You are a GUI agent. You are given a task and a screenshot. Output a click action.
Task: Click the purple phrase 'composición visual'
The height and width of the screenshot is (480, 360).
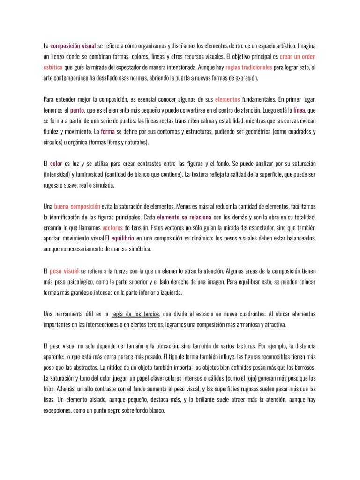tap(73, 46)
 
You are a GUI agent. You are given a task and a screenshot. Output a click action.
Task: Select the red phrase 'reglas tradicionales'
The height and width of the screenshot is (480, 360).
tap(248, 67)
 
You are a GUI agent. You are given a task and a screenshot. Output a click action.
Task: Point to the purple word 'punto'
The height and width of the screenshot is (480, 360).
tap(77, 110)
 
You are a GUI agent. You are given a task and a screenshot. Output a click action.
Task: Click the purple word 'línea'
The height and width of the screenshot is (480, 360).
tap(300, 110)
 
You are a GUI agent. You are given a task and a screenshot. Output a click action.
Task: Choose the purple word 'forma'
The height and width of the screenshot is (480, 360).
tap(108, 132)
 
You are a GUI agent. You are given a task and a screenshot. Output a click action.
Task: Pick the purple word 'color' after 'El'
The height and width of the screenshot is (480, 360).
tap(56, 164)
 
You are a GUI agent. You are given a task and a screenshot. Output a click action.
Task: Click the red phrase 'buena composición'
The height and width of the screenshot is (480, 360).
tap(77, 206)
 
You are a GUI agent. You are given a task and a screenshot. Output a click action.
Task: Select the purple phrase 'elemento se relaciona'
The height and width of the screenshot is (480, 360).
tap(185, 217)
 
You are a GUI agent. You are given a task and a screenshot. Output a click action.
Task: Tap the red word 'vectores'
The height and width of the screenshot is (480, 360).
tap(112, 228)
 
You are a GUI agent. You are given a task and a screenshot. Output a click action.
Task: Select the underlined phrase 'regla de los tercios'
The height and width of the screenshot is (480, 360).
tap(135, 314)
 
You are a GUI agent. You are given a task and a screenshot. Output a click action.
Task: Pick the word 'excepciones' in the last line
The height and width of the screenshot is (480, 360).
tap(58, 410)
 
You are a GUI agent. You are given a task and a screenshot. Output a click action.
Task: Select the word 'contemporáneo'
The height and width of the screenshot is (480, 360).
tap(69, 78)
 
